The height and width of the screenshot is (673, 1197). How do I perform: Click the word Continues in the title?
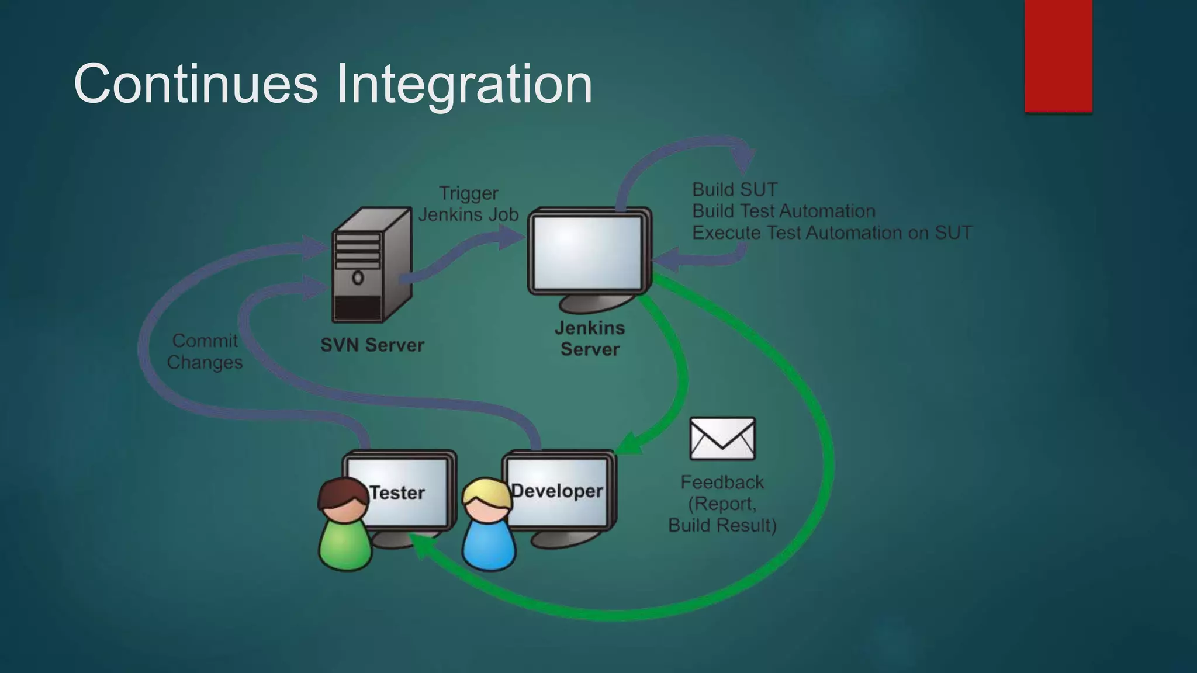(196, 85)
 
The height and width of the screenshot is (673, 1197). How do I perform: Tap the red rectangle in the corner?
(1058, 55)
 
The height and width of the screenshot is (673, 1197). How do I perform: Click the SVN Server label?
(372, 345)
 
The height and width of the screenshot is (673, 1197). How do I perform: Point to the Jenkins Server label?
(590, 339)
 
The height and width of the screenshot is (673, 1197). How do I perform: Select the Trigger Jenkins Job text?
(469, 204)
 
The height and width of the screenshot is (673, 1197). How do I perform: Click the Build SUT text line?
(735, 190)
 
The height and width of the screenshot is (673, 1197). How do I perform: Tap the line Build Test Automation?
(784, 211)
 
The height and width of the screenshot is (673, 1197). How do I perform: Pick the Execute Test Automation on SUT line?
(832, 233)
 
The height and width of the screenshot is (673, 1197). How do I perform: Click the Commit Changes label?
(205, 351)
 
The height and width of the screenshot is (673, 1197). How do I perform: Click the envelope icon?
(722, 438)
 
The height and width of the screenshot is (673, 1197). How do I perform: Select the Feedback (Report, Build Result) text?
(722, 504)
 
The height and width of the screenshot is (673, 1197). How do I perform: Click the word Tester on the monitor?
(397, 492)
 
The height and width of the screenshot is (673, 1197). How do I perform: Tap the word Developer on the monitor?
(557, 491)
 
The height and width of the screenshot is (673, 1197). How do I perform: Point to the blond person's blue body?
(489, 546)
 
